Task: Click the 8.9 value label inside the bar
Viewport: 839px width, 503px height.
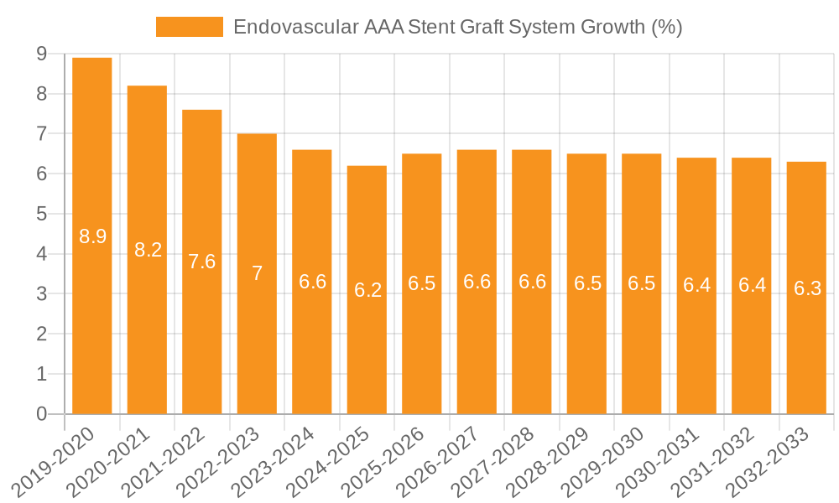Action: click(x=92, y=236)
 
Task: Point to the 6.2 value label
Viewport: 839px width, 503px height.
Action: click(x=367, y=290)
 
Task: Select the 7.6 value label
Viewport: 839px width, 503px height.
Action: click(x=202, y=262)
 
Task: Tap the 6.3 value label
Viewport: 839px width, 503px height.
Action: click(x=807, y=288)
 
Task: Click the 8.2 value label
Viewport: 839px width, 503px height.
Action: click(x=148, y=249)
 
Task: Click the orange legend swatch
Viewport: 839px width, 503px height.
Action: click(x=189, y=27)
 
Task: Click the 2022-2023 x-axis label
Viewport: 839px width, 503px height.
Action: click(x=221, y=461)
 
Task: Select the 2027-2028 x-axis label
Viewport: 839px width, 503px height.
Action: click(x=496, y=461)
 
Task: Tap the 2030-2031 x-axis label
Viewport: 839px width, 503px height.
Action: click(x=660, y=461)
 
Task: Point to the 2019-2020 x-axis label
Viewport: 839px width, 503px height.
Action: click(x=56, y=461)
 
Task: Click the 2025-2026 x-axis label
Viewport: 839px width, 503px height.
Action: click(x=386, y=461)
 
